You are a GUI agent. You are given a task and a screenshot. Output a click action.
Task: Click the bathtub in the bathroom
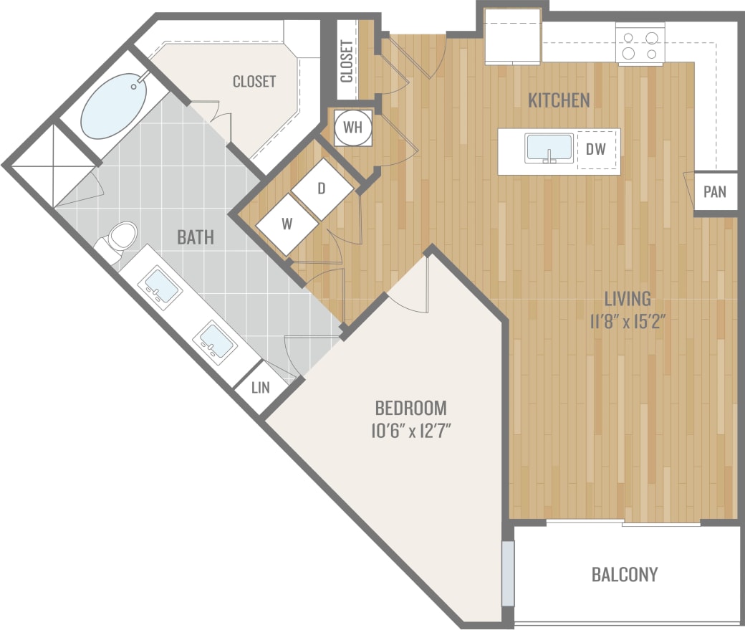114,107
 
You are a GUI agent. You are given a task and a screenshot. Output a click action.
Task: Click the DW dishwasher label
596,150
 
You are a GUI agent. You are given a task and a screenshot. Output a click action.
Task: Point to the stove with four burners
640,44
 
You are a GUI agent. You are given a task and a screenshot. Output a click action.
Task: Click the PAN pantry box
714,192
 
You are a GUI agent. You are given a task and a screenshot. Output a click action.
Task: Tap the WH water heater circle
352,128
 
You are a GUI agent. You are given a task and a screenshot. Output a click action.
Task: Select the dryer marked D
322,189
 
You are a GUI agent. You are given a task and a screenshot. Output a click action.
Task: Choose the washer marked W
287,224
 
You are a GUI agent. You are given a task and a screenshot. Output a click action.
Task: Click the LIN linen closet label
261,388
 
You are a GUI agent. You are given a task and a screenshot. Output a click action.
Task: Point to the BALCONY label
624,574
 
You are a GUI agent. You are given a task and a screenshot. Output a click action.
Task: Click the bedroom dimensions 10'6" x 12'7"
410,431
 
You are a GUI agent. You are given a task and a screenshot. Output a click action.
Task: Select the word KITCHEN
559,100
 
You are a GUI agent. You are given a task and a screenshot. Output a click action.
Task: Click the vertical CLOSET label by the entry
347,61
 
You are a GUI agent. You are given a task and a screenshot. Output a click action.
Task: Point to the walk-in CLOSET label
254,82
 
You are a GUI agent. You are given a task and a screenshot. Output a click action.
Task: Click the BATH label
195,237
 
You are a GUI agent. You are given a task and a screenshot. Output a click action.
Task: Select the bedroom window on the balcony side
508,573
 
